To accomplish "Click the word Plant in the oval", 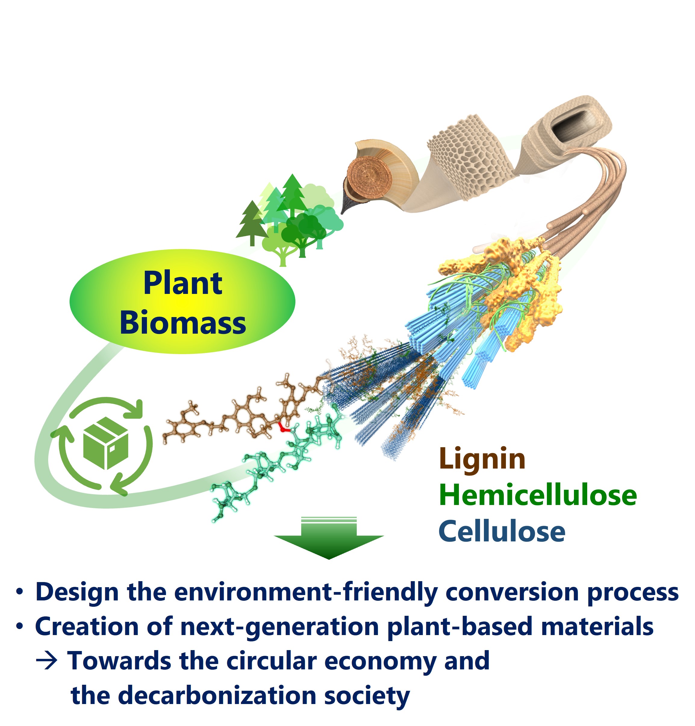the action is (x=183, y=283).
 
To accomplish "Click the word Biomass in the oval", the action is (x=183, y=323).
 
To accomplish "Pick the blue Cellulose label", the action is (x=502, y=531).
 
